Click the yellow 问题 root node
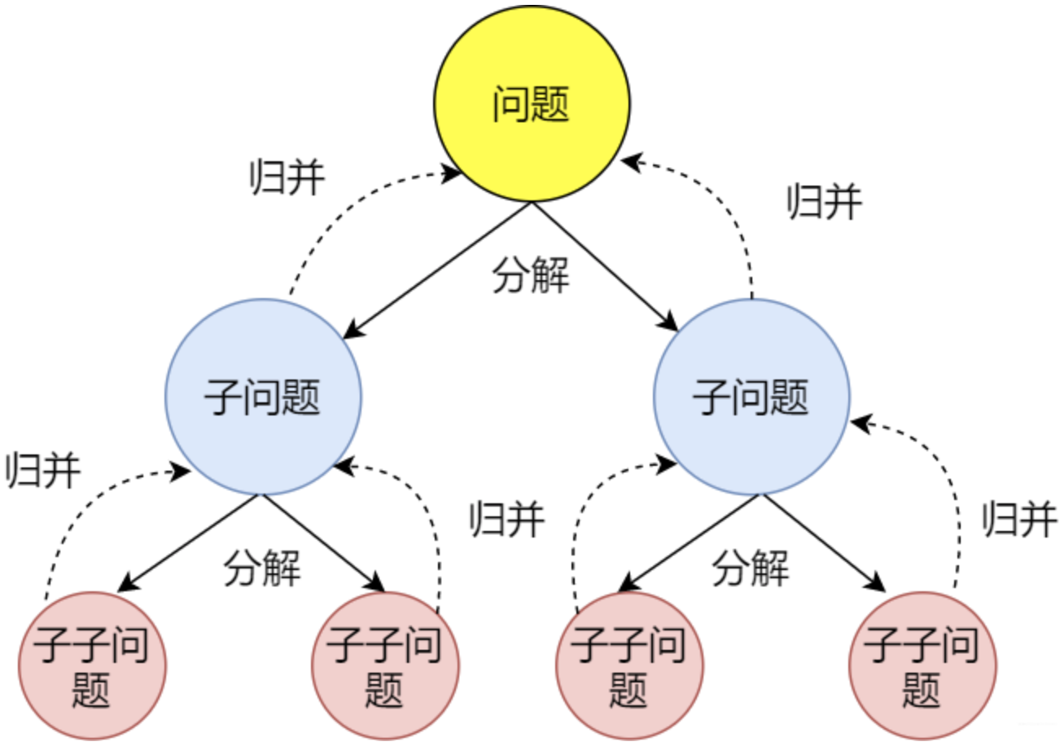point(531,104)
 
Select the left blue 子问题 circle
point(263,397)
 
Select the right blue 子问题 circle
point(751,397)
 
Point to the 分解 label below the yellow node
point(531,277)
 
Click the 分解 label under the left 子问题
point(262,568)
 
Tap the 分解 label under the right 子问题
point(751,568)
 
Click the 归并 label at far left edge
point(42,470)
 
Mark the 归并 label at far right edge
point(1019,519)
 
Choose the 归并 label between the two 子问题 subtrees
point(506,519)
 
